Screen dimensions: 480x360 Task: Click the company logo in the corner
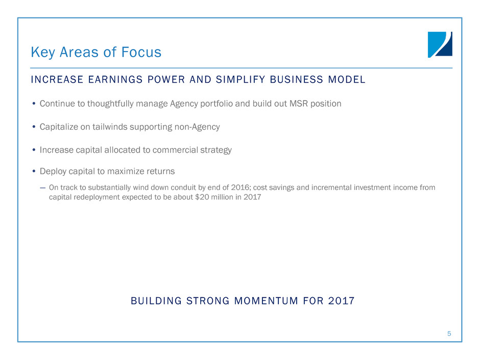coord(440,44)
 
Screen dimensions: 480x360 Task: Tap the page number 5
coord(449,333)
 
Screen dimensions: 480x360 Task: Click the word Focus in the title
coord(141,52)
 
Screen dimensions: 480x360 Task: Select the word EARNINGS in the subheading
coord(115,80)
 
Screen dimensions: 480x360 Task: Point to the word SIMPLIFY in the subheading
coord(241,80)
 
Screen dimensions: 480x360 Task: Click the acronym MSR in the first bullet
coord(299,104)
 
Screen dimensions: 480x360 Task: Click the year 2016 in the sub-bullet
coord(240,187)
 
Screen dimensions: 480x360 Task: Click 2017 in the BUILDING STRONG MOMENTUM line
coord(341,301)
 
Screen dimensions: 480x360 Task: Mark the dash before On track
coord(42,187)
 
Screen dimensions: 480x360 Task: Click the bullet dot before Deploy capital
coord(34,171)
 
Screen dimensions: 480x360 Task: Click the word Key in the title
coord(43,53)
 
